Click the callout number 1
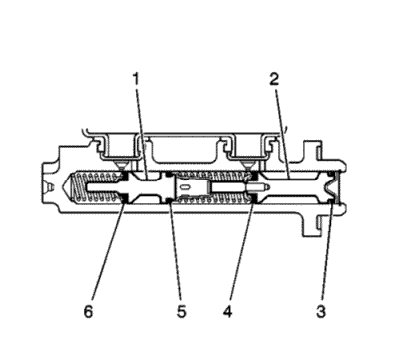pos(136,79)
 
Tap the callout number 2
pos(274,79)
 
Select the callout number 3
pos(321,312)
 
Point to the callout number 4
pos(227,312)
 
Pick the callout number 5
pos(181,312)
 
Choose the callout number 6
pos(88,312)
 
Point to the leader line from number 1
pos(142,132)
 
